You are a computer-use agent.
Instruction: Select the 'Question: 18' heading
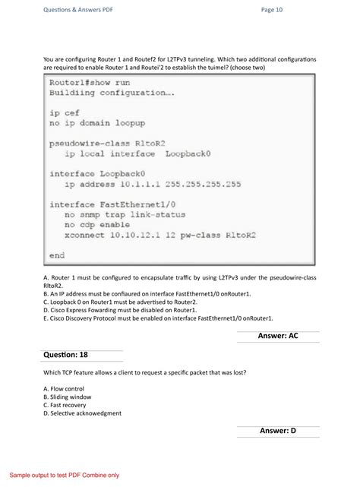pyautogui.click(x=66, y=355)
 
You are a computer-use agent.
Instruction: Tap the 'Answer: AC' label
pyautogui.click(x=278, y=336)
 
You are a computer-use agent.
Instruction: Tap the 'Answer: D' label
pyautogui.click(x=278, y=431)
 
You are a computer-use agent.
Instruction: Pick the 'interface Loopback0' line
pyautogui.click(x=97, y=173)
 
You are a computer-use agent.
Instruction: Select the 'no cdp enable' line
pyautogui.click(x=97, y=225)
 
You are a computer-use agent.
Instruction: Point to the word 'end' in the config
pyautogui.click(x=57, y=255)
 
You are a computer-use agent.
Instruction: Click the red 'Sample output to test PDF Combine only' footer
pyautogui.click(x=65, y=475)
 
